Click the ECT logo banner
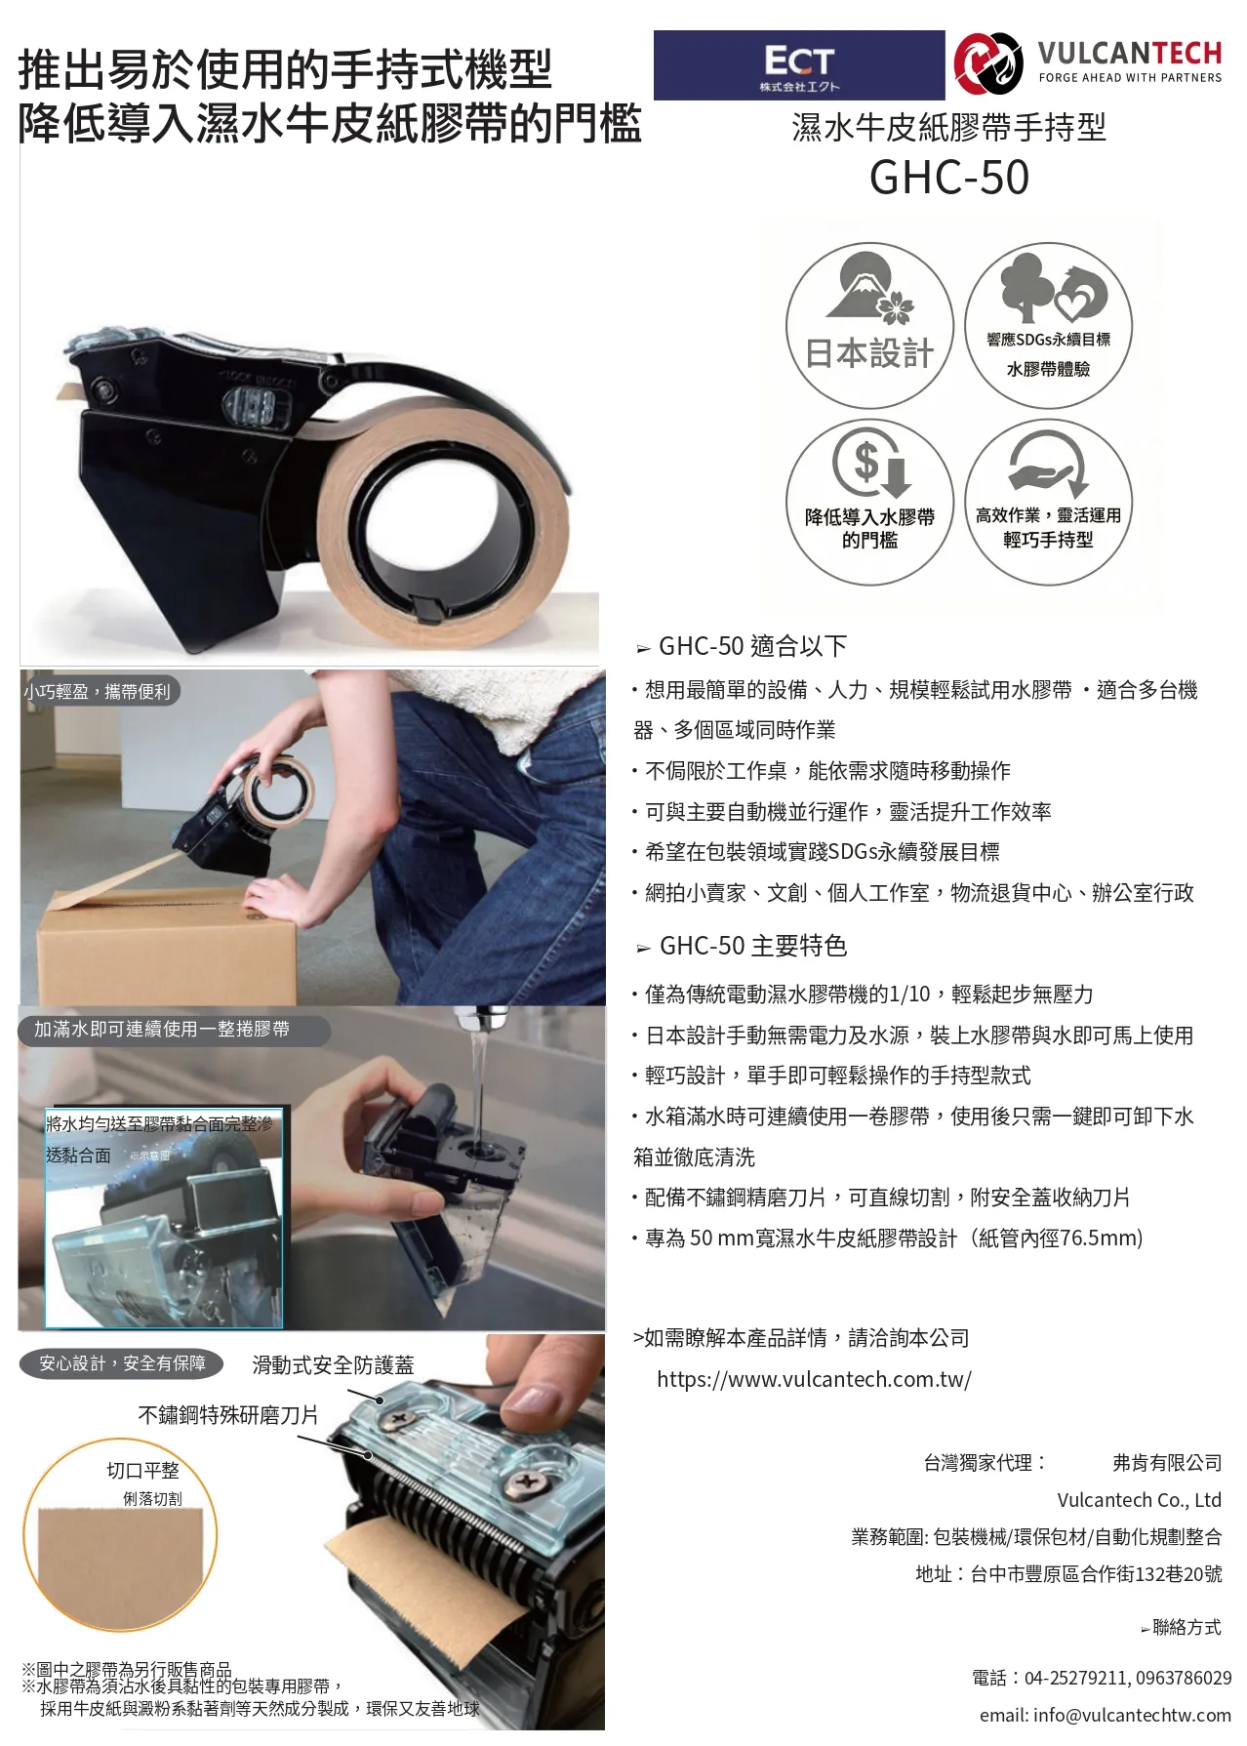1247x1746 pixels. click(799, 65)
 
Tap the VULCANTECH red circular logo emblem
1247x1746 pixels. click(988, 63)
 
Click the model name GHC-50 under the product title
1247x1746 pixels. click(949, 178)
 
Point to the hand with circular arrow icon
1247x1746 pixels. click(1048, 462)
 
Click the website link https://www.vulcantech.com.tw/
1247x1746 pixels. click(814, 1379)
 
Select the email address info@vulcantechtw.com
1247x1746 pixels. click(1106, 1715)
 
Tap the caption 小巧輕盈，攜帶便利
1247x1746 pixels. click(98, 691)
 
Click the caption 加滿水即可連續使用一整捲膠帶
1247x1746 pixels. click(162, 1029)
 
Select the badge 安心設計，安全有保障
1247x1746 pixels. click(122, 1363)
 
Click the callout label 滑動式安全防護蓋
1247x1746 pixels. click(333, 1365)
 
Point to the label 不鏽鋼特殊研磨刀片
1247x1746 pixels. click(228, 1415)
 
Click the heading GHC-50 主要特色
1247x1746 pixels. click(752, 946)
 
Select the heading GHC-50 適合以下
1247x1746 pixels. click(752, 646)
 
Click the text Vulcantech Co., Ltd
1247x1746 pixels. click(1140, 1500)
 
